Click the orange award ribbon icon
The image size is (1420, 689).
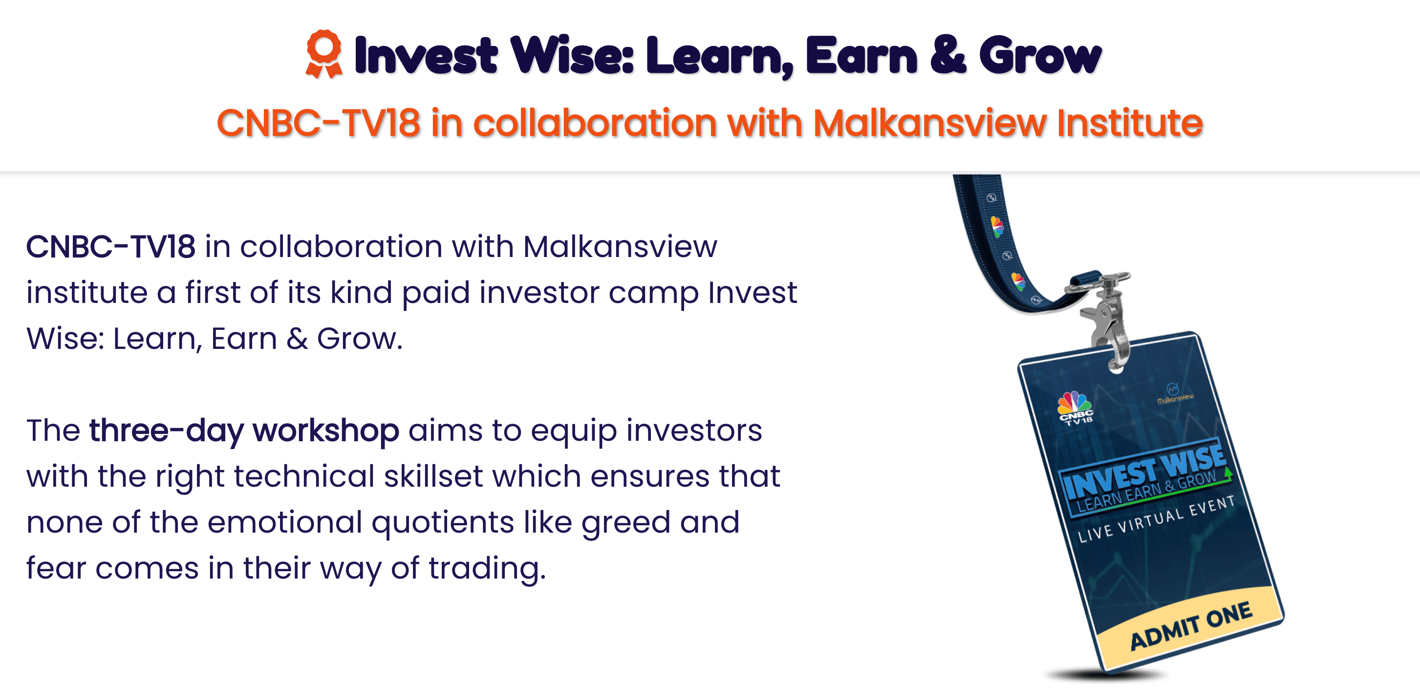[324, 54]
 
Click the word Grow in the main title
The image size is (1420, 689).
[1040, 56]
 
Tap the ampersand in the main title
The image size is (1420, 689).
[948, 55]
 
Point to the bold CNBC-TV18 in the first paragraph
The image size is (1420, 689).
[111, 246]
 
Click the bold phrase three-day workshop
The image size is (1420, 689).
[244, 431]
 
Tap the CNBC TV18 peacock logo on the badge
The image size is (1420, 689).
[1075, 408]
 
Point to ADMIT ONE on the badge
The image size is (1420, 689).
[1191, 625]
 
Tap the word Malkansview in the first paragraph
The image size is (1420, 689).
[620, 246]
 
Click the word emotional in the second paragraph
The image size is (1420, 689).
[284, 522]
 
